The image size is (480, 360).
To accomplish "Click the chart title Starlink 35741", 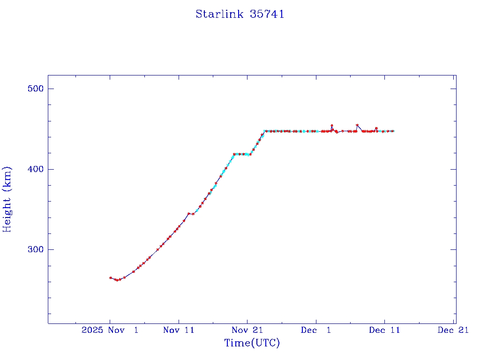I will [240, 14].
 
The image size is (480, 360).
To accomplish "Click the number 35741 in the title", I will [267, 14].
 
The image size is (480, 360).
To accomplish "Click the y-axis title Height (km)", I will [7, 199].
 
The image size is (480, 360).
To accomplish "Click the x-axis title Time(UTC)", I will [252, 343].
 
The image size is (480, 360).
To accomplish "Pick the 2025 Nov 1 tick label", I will [110, 330].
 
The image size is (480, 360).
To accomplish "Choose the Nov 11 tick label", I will [179, 330].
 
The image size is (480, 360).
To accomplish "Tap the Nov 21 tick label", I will [247, 330].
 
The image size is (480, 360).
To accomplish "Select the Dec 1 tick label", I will [316, 330].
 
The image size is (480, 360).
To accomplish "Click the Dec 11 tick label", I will [384, 330].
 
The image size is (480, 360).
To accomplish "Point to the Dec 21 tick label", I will [453, 330].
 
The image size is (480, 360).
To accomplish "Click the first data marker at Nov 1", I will [111, 277].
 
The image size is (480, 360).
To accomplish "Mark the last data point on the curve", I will [393, 131].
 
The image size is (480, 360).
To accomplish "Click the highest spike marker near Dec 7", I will [357, 125].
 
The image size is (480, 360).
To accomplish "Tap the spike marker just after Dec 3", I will [332, 126].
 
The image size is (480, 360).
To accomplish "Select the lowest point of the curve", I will [117, 280].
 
